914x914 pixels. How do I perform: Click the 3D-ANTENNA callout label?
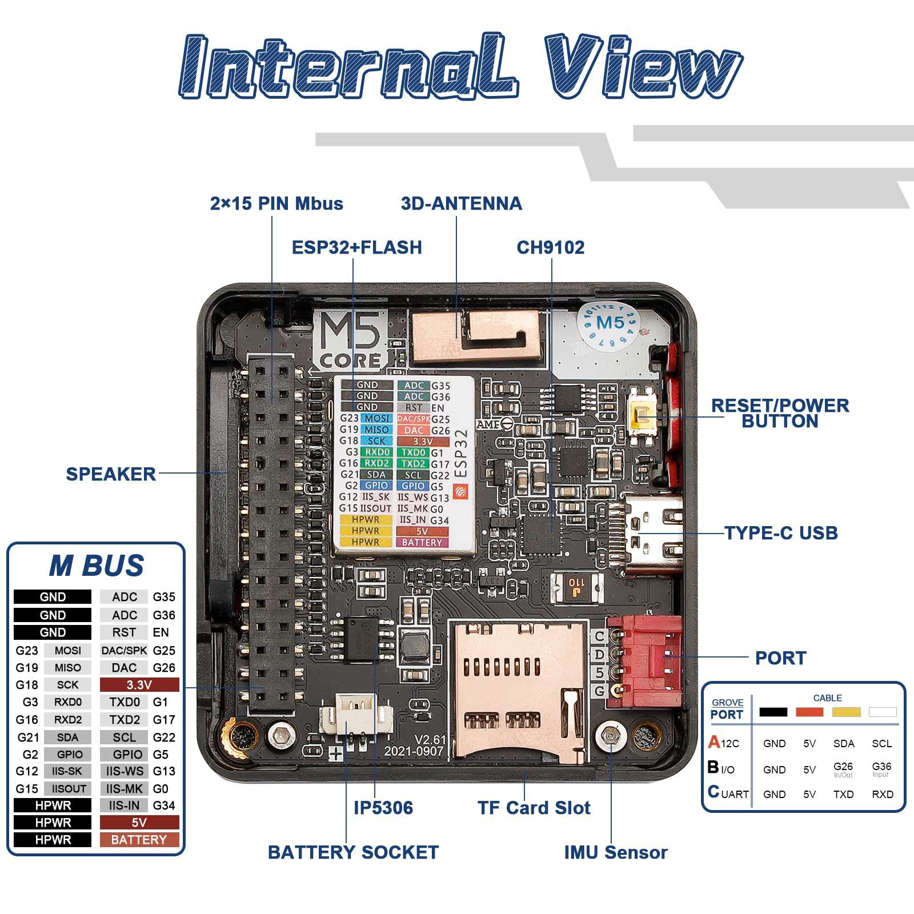pyautogui.click(x=461, y=203)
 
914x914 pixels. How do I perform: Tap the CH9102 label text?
pyautogui.click(x=550, y=247)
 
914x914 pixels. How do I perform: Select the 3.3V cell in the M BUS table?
pyautogui.click(x=139, y=684)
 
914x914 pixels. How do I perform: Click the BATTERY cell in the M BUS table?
pyautogui.click(x=139, y=840)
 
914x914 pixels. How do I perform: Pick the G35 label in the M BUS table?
pyautogui.click(x=164, y=597)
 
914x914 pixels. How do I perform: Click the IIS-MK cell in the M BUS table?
pyautogui.click(x=124, y=788)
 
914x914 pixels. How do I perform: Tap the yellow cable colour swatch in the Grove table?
pyautogui.click(x=846, y=712)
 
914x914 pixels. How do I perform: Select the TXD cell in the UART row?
pyautogui.click(x=843, y=794)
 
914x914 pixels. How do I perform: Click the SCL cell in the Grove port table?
pyautogui.click(x=881, y=743)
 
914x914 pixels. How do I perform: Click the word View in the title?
pyautogui.click(x=643, y=67)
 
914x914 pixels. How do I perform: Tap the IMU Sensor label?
pyautogui.click(x=615, y=852)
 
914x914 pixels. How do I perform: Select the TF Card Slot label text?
pyautogui.click(x=534, y=808)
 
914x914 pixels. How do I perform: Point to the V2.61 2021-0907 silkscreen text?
pyautogui.click(x=414, y=745)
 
